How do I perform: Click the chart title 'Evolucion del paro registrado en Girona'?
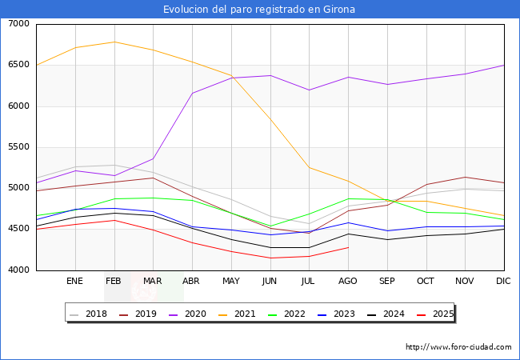259,10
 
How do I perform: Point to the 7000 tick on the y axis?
19,24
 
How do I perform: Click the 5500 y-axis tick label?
19,147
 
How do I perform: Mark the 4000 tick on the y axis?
19,270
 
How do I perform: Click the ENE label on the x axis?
75,282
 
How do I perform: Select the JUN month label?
270,282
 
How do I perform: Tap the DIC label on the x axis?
503,282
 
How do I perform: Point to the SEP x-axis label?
386,282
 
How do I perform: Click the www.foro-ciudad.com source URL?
458,347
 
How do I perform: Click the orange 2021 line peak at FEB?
114,42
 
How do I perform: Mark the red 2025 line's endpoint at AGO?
348,247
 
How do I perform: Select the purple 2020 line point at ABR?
192,94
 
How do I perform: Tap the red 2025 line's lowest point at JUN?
270,258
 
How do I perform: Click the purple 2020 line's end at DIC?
504,65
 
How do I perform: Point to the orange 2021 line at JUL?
309,167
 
